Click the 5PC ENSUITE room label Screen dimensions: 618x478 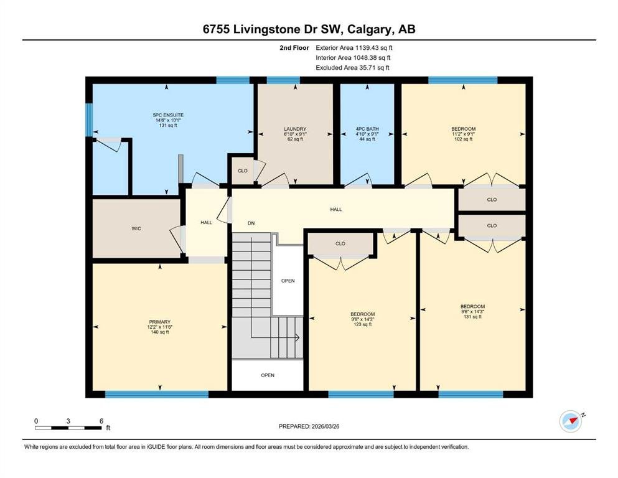coord(168,115)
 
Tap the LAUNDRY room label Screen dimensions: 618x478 coord(295,129)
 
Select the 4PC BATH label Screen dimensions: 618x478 coord(367,129)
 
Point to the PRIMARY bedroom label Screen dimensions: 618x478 coord(159,322)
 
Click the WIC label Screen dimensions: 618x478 coord(136,228)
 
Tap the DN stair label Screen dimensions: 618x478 coord(251,223)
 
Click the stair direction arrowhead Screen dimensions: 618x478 coord(297,338)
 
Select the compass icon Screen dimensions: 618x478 coord(571,421)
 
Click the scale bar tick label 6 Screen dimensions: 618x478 coord(101,421)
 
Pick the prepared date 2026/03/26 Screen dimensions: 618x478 coord(325,426)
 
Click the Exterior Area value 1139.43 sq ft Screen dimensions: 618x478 coord(374,48)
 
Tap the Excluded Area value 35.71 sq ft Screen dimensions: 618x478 coord(374,67)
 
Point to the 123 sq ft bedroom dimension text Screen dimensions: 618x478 coord(363,324)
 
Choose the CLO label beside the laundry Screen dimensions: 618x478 coord(242,171)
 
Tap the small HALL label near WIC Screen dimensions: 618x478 coord(206,223)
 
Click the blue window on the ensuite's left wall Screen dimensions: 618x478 coord(89,119)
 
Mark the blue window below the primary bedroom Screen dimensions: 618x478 coord(157,394)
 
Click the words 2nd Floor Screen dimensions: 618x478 coord(294,48)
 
